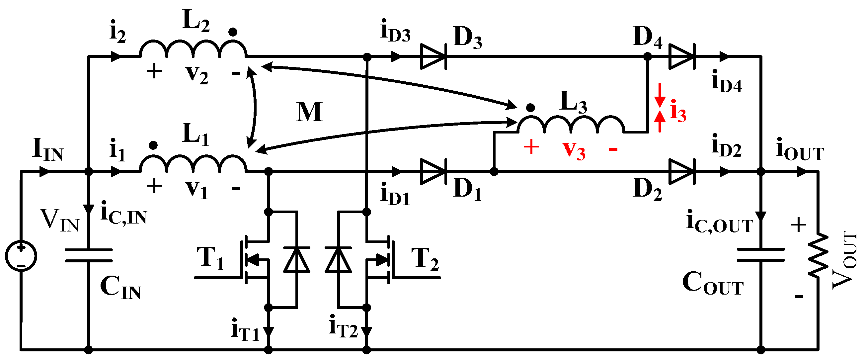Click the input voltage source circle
pyautogui.click(x=21, y=256)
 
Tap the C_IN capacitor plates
pyautogui.click(x=88, y=255)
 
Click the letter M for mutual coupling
pyautogui.click(x=309, y=112)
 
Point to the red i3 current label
pyautogui.click(x=678, y=111)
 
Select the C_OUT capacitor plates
pyautogui.click(x=761, y=255)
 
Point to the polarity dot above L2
pyautogui.click(x=232, y=32)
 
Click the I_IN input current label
pyautogui.click(x=47, y=149)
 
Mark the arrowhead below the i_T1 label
pyautogui.click(x=268, y=332)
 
